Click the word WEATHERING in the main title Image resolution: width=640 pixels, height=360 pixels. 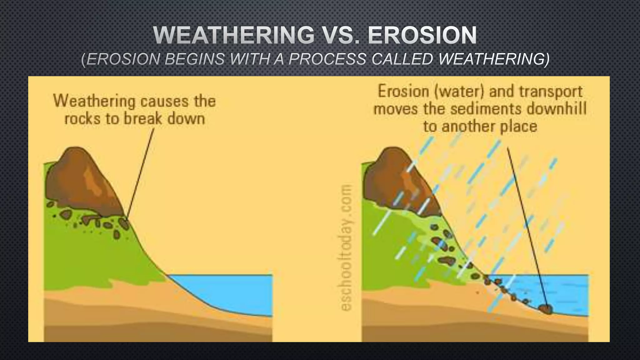point(234,35)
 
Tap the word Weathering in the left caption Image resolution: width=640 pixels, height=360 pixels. point(95,101)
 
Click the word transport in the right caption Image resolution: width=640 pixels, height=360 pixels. point(551,92)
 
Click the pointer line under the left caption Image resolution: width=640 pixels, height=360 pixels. point(141,172)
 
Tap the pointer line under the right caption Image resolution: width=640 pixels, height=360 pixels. point(527,225)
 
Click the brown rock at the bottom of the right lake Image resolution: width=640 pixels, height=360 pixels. point(546,309)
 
